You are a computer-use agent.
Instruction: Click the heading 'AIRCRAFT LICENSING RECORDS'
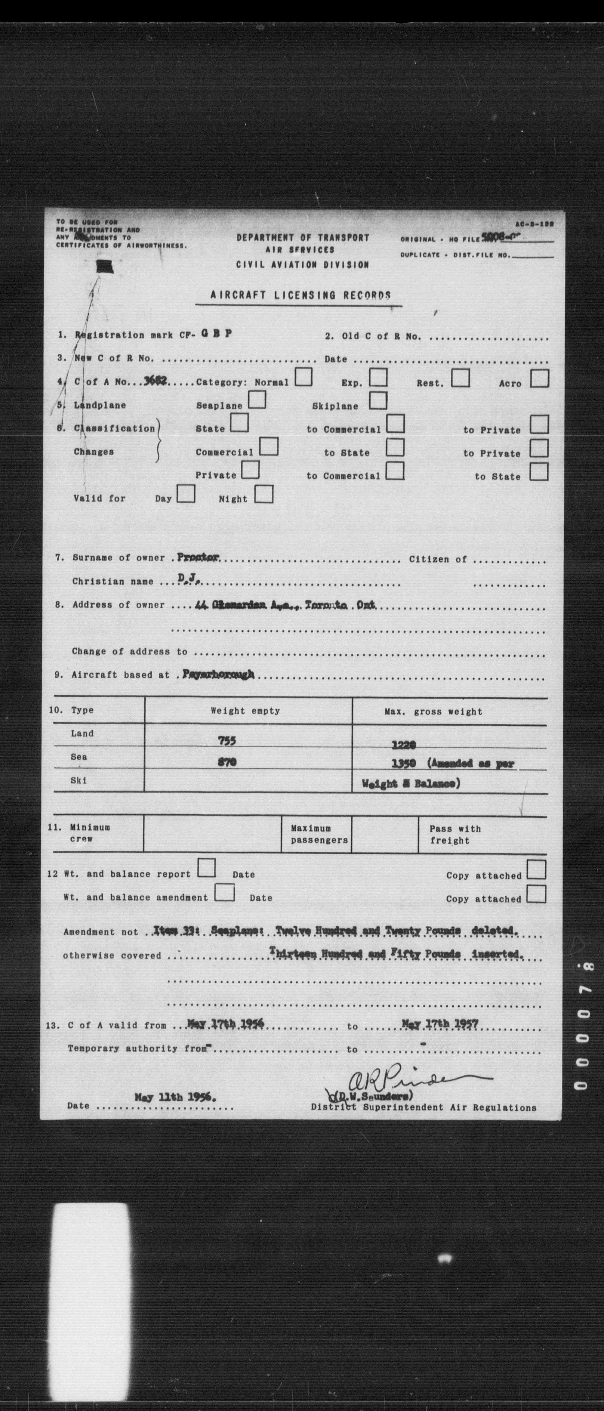coord(301,295)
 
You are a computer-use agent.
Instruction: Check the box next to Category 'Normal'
coord(303,377)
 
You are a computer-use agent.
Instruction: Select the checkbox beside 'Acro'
coord(539,379)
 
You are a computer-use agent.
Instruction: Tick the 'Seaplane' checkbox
coord(257,401)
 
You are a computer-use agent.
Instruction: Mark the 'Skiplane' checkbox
coord(377,401)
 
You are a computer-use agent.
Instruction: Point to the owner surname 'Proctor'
coord(198,556)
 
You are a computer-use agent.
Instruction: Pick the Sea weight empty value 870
coord(227,762)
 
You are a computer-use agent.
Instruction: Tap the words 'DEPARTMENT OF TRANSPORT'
coord(303,238)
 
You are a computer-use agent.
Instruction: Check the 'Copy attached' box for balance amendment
coord(536,894)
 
